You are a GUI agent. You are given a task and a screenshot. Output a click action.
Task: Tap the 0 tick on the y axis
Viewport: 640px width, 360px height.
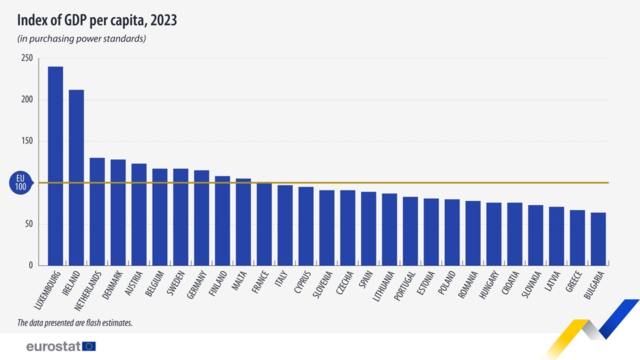30,265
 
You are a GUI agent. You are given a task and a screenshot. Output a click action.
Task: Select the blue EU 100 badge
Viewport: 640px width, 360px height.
21,183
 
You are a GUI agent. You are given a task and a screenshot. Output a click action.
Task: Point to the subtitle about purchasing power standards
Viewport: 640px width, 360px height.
81,39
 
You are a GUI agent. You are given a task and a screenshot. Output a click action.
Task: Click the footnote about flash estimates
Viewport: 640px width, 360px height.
75,323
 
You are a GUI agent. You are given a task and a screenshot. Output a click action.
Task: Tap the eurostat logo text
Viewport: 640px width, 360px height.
53,346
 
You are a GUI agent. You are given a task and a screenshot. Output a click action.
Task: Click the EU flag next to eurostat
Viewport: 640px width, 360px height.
89,346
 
